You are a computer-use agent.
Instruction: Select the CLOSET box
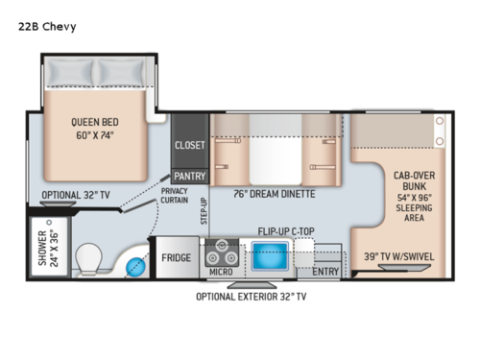click(189, 145)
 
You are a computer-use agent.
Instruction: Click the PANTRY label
click(189, 177)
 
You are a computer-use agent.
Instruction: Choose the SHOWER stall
click(46, 252)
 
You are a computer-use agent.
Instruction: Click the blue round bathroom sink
click(136, 264)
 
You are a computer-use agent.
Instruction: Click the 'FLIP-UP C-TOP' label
click(289, 231)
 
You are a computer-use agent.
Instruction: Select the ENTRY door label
click(324, 272)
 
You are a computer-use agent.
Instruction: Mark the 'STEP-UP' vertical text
click(204, 210)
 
